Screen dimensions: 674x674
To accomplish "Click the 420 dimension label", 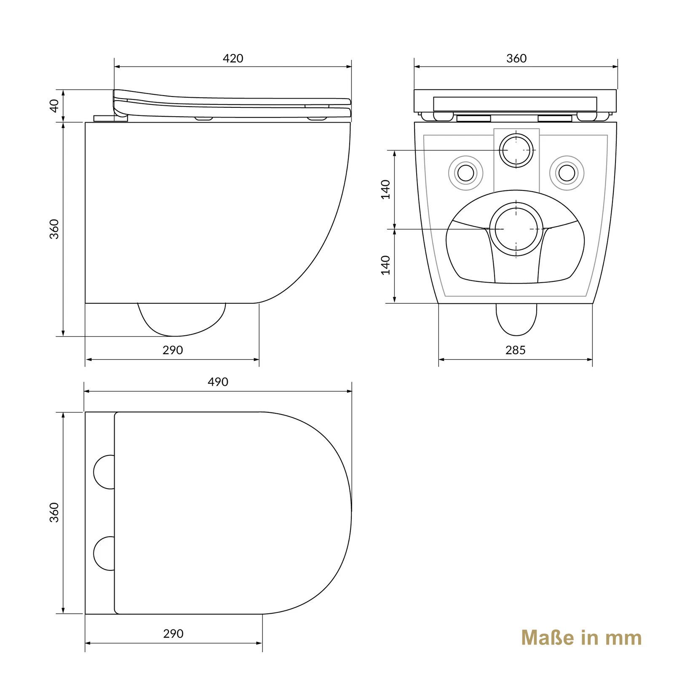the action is [233, 58].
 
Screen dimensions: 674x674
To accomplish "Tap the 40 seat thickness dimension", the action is [55, 106].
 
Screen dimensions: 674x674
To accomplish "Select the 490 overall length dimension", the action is [218, 382].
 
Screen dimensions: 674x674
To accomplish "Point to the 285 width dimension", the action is [516, 350].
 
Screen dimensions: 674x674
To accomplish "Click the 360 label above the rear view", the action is [516, 58].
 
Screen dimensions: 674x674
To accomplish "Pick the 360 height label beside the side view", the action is [55, 229].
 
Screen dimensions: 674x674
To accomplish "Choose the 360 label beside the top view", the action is [55, 513].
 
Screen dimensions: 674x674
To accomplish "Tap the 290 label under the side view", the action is [173, 350].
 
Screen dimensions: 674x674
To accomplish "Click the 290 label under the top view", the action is [173, 634].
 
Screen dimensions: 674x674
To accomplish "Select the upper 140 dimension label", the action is [385, 190].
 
